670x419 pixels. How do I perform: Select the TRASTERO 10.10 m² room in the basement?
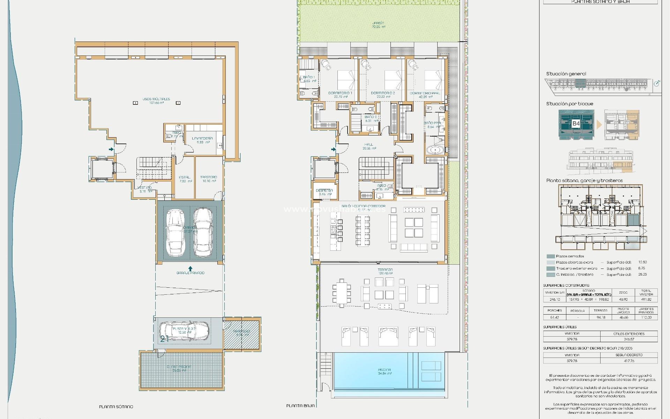click(209, 179)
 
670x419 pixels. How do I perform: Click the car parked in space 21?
click(184, 330)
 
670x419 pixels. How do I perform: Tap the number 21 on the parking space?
click(164, 338)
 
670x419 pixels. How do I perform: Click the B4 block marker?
click(576, 123)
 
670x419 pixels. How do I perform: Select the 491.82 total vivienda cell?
click(646, 299)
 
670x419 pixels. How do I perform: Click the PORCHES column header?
click(554, 310)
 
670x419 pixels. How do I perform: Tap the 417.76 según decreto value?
click(629, 361)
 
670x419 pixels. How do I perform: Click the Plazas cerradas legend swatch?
click(550, 256)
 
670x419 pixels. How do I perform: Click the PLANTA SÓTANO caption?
click(116, 407)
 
